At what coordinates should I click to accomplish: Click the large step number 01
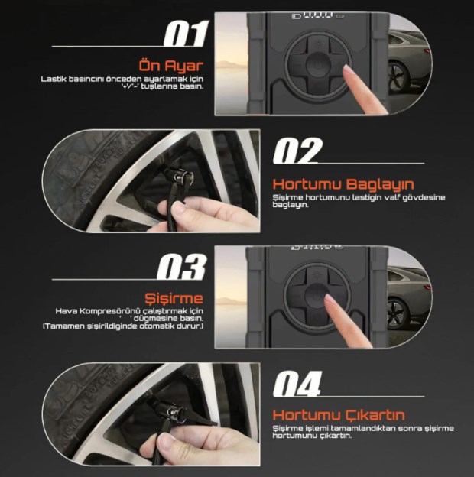pyautogui.click(x=187, y=34)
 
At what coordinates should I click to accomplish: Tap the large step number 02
pyautogui.click(x=297, y=151)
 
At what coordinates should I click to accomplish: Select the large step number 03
pyautogui.click(x=182, y=267)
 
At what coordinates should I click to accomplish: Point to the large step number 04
pyautogui.click(x=297, y=384)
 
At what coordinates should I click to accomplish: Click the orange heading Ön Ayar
pyautogui.click(x=171, y=66)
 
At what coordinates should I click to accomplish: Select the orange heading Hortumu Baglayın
pyautogui.click(x=343, y=184)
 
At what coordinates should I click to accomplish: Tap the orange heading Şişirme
pyautogui.click(x=174, y=299)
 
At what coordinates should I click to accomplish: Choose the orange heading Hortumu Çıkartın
pyautogui.click(x=339, y=415)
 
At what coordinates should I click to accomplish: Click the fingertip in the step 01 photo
pyautogui.click(x=348, y=70)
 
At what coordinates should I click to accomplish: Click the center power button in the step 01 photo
pyautogui.click(x=317, y=64)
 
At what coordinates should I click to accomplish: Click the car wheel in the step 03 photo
pyautogui.click(x=396, y=313)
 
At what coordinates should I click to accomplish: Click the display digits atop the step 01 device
pyautogui.click(x=316, y=15)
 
